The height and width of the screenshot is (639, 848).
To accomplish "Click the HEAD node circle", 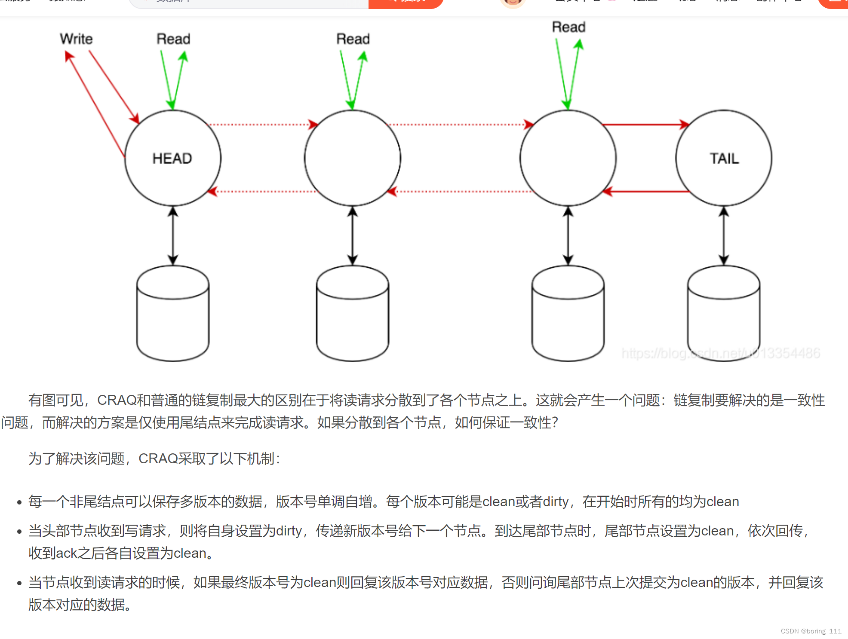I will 173,158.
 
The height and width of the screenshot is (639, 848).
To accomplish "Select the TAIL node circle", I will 724,158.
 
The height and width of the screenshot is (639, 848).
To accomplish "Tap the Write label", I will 76,39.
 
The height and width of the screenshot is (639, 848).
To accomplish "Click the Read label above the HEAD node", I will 173,39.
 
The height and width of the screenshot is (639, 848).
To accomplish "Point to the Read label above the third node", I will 568,27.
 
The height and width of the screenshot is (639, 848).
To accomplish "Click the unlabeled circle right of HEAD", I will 353,158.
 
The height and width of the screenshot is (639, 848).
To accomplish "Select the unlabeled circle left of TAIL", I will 568,158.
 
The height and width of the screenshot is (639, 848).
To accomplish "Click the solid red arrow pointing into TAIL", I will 645,125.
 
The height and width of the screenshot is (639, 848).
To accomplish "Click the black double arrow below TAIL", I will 724,235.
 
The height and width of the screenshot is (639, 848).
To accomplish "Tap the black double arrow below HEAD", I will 173,235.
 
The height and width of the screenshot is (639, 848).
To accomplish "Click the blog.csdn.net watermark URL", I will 721,353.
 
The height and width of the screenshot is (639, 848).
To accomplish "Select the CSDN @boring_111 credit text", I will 811,631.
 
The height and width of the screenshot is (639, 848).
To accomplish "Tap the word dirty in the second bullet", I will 289,531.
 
